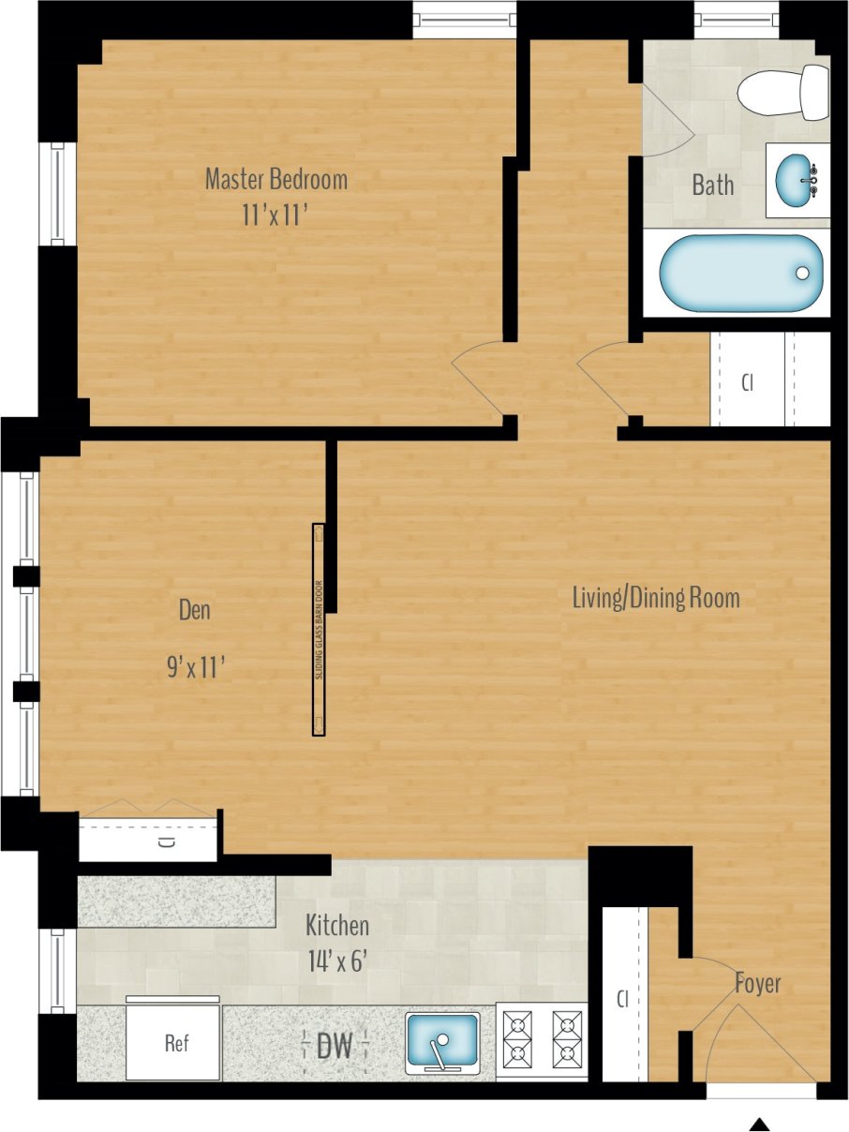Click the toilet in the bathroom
tap(782, 94)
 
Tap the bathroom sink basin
tap(797, 179)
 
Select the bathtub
tap(740, 273)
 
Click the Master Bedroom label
tap(276, 178)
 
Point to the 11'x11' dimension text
tap(276, 215)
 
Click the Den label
tap(195, 610)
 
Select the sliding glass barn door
tap(319, 629)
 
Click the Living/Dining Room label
tap(656, 597)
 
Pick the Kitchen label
tap(337, 926)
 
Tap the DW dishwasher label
tap(335, 1047)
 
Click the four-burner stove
tap(541, 1039)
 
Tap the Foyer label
tap(757, 984)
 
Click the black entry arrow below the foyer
tap(760, 1124)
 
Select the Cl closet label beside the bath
tap(747, 383)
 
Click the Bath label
tap(713, 185)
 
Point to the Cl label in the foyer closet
tap(621, 1000)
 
